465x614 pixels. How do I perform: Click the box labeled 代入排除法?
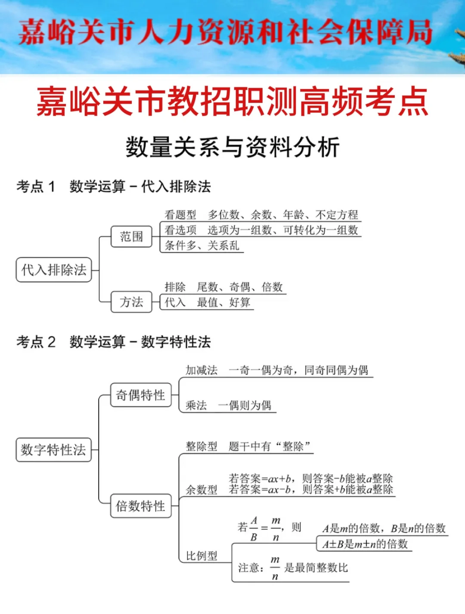click(x=54, y=270)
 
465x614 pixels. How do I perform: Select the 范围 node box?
click(x=131, y=236)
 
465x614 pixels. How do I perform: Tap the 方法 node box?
click(x=131, y=302)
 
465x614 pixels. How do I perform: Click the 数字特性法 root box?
click(x=53, y=450)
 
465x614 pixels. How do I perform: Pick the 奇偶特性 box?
click(x=140, y=395)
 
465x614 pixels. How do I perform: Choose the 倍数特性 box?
click(x=140, y=506)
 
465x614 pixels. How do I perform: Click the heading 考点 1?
click(x=36, y=186)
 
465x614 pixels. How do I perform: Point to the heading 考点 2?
click(x=36, y=342)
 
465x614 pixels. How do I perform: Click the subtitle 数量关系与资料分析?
click(x=232, y=147)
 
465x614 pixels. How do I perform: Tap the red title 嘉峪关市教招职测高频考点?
click(x=232, y=102)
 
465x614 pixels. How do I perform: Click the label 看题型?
click(x=180, y=214)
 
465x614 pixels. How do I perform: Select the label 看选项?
click(x=180, y=230)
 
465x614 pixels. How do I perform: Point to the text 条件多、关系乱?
click(x=201, y=245)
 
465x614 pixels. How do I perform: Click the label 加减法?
click(x=201, y=370)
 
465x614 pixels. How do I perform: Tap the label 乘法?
click(x=196, y=405)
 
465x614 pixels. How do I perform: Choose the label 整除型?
click(x=201, y=447)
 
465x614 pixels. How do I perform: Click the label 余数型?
click(x=201, y=490)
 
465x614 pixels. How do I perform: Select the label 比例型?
click(x=201, y=556)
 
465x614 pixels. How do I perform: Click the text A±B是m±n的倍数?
click(x=365, y=544)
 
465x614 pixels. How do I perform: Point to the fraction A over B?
click(x=254, y=529)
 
